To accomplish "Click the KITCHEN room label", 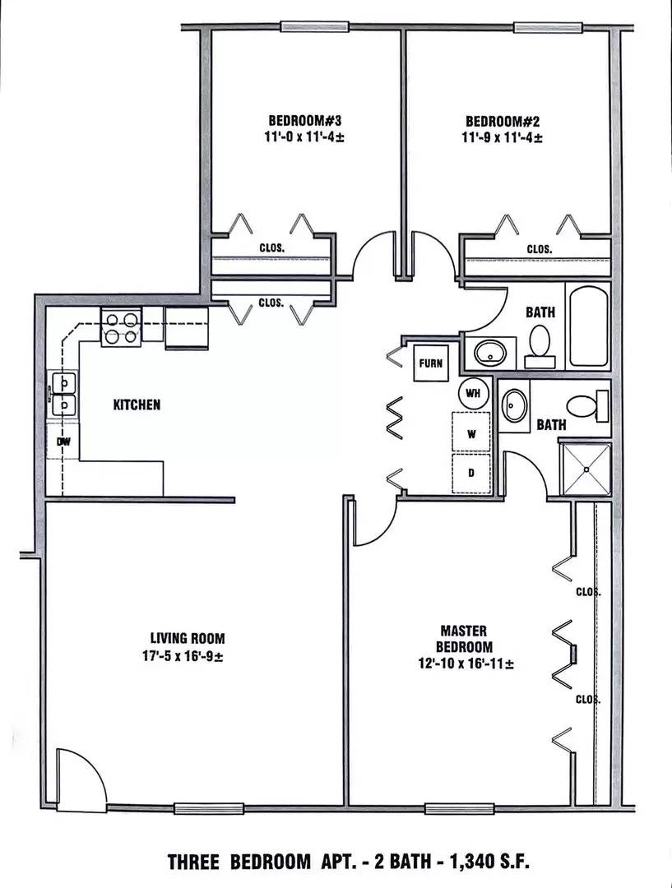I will tap(137, 405).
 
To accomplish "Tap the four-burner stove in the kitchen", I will tap(121, 327).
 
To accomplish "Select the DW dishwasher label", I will tap(63, 442).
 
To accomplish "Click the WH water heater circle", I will tap(473, 392).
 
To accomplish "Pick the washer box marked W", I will tap(471, 434).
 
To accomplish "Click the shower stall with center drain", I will tap(586, 469).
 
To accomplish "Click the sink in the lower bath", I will tap(515, 405).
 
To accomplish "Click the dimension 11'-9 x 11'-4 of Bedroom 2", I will tap(502, 138).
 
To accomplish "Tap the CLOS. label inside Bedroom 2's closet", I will tap(539, 249).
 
